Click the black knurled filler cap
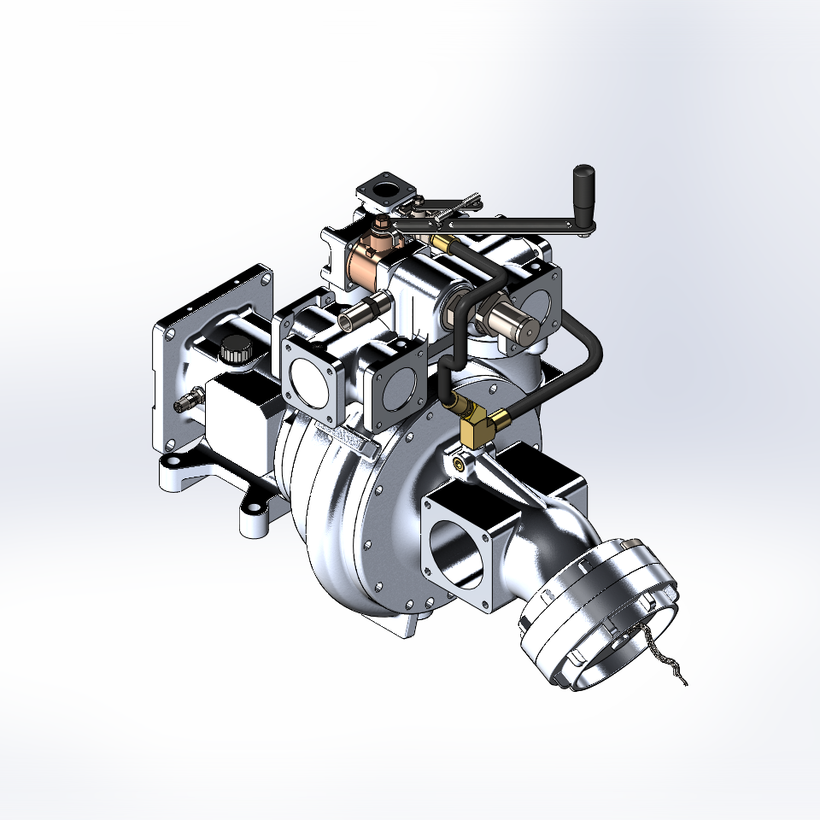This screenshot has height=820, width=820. coord(233,350)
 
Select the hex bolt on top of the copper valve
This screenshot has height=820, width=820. coord(380,226)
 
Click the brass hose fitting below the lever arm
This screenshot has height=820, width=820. coord(443,245)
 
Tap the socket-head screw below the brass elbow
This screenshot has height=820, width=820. coord(461,462)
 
